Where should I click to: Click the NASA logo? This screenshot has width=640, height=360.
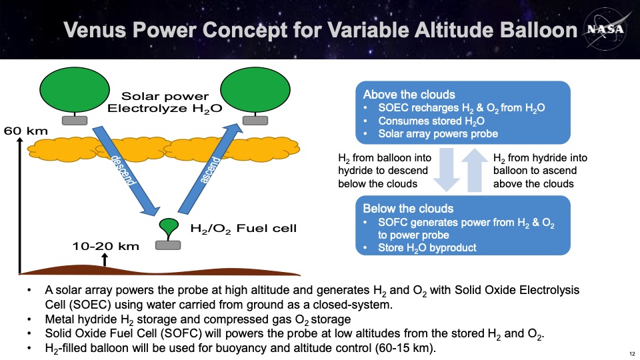[x=605, y=29]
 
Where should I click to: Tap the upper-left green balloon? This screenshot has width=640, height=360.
[x=75, y=90]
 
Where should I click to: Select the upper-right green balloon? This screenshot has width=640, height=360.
[x=255, y=90]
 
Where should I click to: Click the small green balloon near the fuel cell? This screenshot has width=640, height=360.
[x=169, y=226]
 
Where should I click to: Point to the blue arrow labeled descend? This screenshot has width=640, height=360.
[x=126, y=171]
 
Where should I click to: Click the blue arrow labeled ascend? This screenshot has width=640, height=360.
[x=211, y=169]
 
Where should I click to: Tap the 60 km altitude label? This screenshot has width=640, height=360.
[x=26, y=131]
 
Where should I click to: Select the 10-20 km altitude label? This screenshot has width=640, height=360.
[x=106, y=246]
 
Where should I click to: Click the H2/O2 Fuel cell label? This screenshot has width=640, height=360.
[x=244, y=229]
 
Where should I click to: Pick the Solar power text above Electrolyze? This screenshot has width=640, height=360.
[x=165, y=96]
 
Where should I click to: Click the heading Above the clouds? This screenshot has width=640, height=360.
[x=409, y=95]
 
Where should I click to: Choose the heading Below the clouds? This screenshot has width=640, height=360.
[x=408, y=209]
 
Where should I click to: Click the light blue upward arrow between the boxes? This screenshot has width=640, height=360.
[x=474, y=170]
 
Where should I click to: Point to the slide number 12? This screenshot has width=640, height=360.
[x=632, y=354]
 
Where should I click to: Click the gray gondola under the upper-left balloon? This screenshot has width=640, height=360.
[x=75, y=121]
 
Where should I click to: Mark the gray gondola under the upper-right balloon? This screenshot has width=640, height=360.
[x=255, y=121]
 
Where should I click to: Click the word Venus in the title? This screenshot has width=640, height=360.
[x=95, y=30]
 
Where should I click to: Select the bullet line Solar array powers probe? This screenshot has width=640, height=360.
[x=438, y=133]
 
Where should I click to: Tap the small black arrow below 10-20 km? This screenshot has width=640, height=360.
[x=105, y=259]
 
